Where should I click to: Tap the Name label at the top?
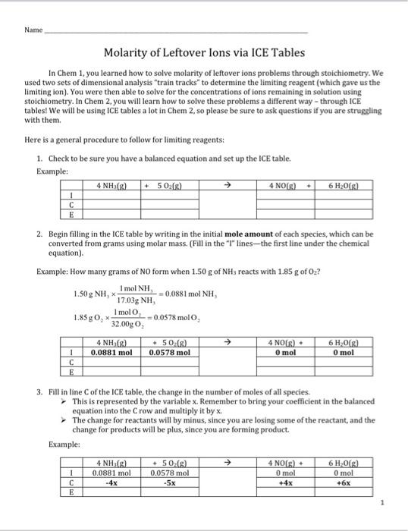click(33, 32)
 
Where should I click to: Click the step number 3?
click(38, 392)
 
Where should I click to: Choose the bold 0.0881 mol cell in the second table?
click(111, 352)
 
